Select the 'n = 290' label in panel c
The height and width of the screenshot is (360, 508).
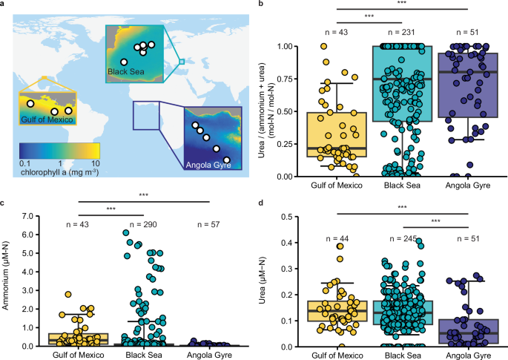coord(145,223)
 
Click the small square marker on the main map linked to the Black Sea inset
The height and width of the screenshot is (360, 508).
coord(182,62)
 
